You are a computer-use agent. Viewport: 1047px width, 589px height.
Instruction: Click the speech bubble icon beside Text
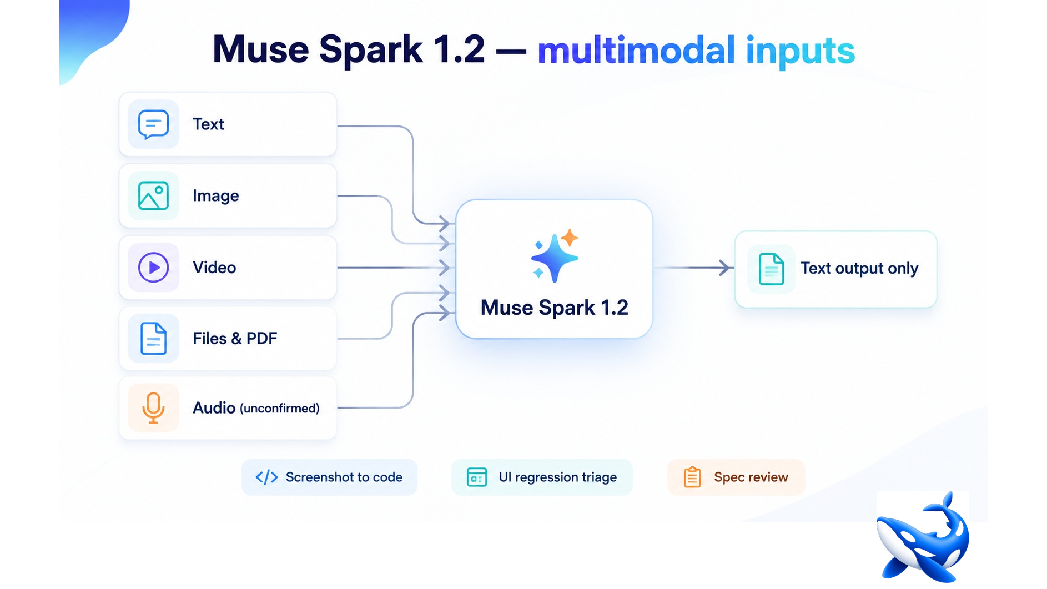point(153,124)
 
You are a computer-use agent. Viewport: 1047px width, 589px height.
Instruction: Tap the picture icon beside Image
point(153,196)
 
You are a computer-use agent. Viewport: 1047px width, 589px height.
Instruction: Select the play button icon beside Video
point(153,268)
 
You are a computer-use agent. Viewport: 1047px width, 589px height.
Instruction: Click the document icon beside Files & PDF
point(153,338)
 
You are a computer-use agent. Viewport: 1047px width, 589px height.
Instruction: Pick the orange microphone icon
point(153,408)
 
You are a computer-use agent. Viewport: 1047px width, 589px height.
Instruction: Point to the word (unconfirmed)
point(280,409)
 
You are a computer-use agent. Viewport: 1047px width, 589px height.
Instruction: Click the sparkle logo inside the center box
point(555,255)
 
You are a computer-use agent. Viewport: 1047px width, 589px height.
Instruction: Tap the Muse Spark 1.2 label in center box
point(555,308)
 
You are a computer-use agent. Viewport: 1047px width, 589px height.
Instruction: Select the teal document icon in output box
point(771,269)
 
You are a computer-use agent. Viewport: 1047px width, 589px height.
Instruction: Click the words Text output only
point(859,269)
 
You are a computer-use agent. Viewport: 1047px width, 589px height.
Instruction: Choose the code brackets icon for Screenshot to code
point(266,477)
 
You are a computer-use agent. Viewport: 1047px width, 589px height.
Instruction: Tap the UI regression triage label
point(558,477)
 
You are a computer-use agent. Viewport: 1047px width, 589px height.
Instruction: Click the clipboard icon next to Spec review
point(692,477)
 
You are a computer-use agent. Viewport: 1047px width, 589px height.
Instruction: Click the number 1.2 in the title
point(459,49)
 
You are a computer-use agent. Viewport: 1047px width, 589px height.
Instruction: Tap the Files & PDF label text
point(235,339)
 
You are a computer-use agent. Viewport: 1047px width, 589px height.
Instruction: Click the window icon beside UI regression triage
point(477,477)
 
